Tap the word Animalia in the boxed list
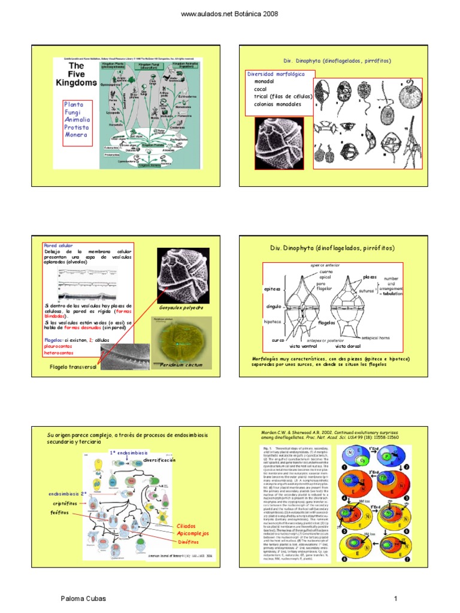78,119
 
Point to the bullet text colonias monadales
277,104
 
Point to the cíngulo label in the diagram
273,306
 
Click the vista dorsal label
350,346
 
